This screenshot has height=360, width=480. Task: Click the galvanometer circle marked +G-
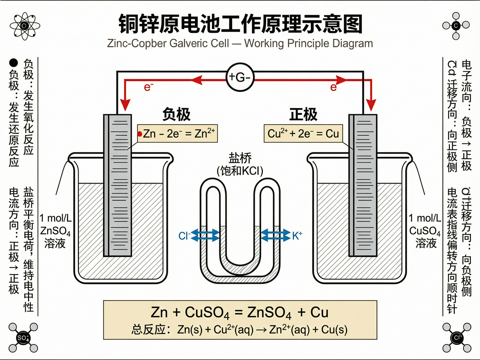pyautogui.click(x=240, y=77)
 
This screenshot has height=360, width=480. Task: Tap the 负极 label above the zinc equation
pyautogui.click(x=176, y=114)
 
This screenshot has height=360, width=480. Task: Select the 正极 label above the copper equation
pyautogui.click(x=303, y=114)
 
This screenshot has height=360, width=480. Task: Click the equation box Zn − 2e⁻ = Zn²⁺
pyautogui.click(x=178, y=134)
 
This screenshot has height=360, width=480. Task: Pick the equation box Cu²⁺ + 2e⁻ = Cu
pyautogui.click(x=303, y=134)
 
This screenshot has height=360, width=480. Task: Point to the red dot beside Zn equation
pyautogui.click(x=140, y=134)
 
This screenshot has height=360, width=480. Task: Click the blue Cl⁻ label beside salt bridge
pyautogui.click(x=184, y=236)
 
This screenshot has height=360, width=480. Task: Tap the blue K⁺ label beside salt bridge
pyautogui.click(x=297, y=235)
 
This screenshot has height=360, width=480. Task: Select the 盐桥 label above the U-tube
pyautogui.click(x=240, y=158)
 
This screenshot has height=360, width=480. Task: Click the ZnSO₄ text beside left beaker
pyautogui.click(x=55, y=231)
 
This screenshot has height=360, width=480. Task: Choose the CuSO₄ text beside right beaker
pyautogui.click(x=425, y=231)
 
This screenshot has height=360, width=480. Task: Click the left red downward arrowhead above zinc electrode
pyautogui.click(x=125, y=105)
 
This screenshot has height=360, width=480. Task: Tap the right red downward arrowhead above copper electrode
pyautogui.click(x=371, y=105)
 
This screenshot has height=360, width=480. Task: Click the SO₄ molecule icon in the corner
pyautogui.click(x=23, y=338)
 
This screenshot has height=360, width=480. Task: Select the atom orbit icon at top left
pyautogui.click(x=25, y=26)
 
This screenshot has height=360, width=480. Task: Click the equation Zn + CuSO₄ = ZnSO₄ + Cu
pyautogui.click(x=240, y=312)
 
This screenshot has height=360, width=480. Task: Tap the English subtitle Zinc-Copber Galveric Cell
pyautogui.click(x=168, y=43)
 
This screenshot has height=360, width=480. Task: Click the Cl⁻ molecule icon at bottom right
pyautogui.click(x=457, y=338)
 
